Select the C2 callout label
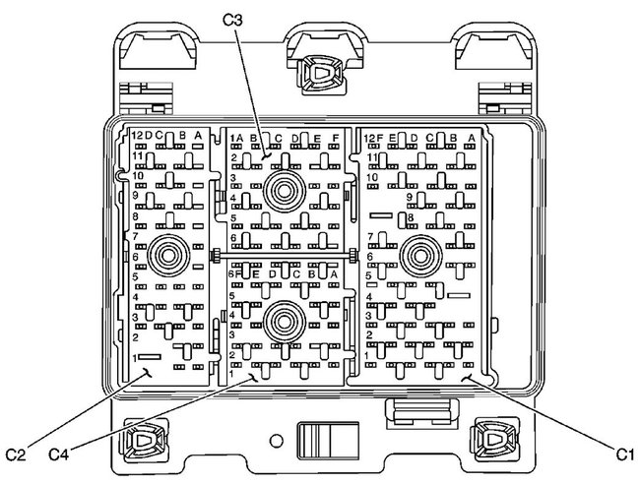point(15,454)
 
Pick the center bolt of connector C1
point(421,258)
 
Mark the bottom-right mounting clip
point(492,437)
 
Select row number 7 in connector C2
point(135,238)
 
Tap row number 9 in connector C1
point(409,197)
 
